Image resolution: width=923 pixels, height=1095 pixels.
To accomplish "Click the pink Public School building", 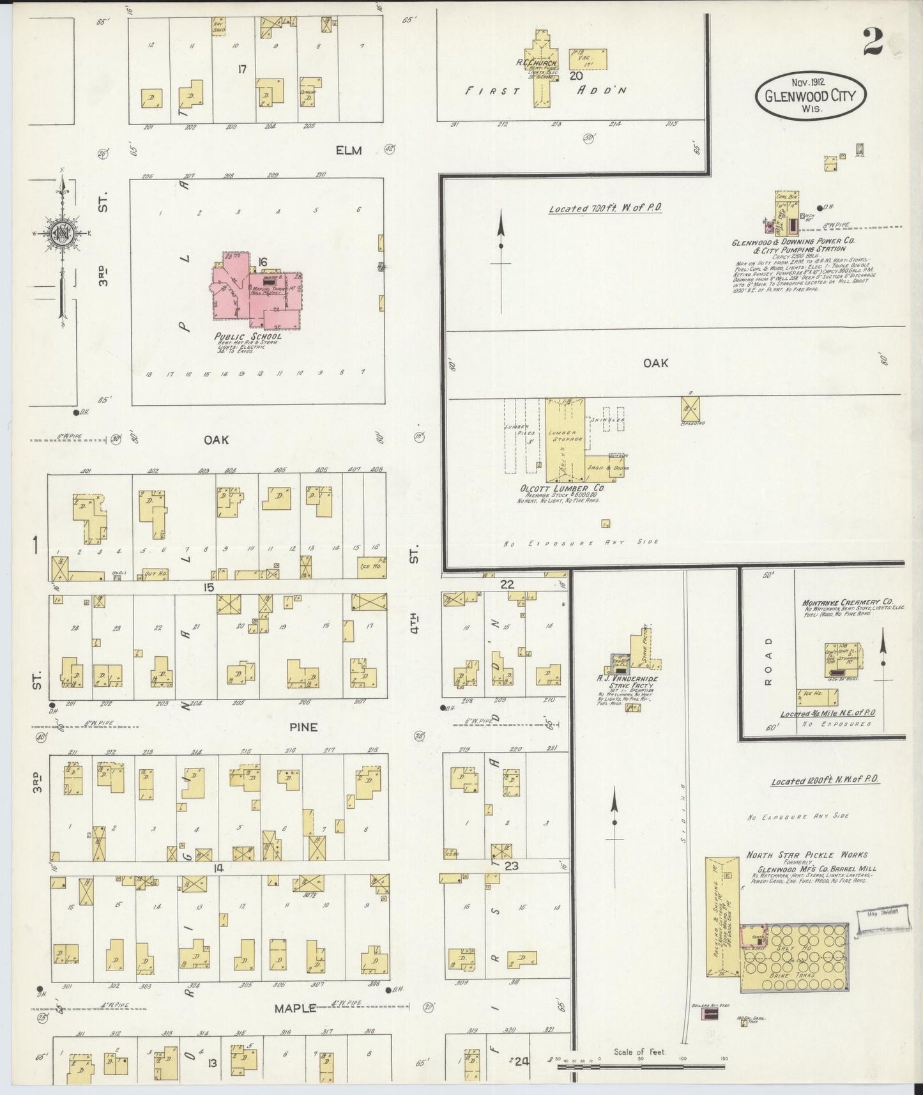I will [256, 291].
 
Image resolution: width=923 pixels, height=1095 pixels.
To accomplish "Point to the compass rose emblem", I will [61, 233].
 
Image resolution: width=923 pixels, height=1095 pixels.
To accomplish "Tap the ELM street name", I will [349, 150].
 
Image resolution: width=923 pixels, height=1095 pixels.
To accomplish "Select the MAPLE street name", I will [295, 1008].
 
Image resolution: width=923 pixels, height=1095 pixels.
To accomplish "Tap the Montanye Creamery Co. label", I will [847, 602].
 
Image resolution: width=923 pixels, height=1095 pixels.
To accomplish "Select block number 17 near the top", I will [241, 69].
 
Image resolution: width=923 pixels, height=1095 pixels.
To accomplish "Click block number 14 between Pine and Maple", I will [219, 868].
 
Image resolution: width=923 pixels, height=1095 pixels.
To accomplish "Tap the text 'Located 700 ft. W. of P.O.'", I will [605, 208].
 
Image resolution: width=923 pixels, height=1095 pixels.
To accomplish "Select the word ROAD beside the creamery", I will [768, 660].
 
